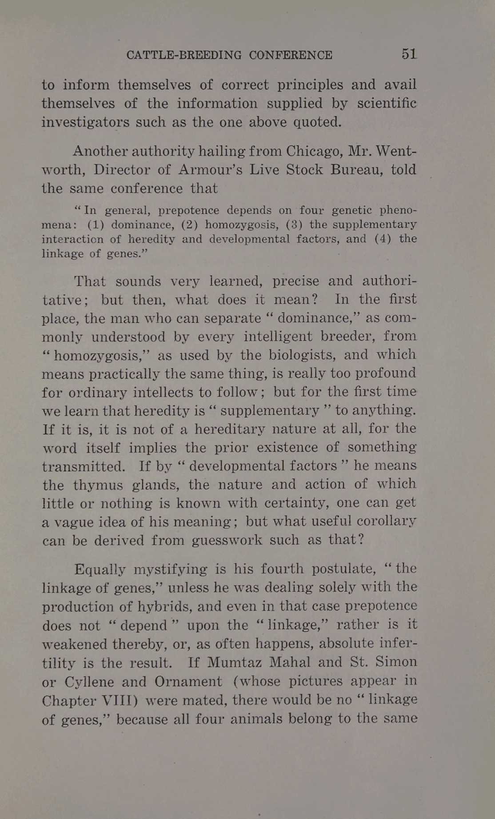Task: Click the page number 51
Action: [409, 54]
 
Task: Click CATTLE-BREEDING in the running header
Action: [184, 55]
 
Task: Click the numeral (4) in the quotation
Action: [383, 239]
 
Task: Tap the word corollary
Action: [386, 521]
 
